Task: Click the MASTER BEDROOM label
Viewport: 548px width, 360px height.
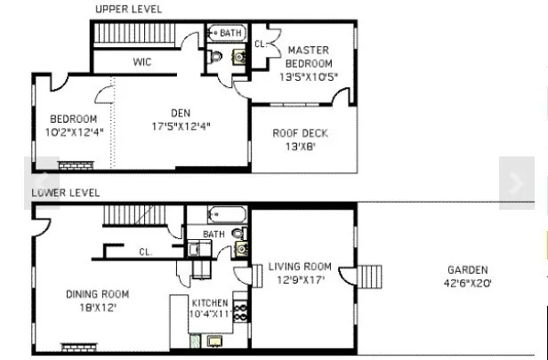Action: click(309, 57)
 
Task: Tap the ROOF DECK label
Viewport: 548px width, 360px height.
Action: click(301, 134)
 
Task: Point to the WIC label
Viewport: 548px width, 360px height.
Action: click(141, 62)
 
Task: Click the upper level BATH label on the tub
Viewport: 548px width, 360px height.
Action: click(230, 33)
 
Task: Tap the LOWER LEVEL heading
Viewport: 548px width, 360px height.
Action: click(66, 192)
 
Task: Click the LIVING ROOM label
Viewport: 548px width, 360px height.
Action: click(300, 267)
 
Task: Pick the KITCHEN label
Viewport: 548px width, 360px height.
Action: click(211, 302)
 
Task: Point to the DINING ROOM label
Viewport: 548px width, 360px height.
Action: click(97, 294)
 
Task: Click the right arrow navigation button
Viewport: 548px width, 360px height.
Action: click(516, 183)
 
